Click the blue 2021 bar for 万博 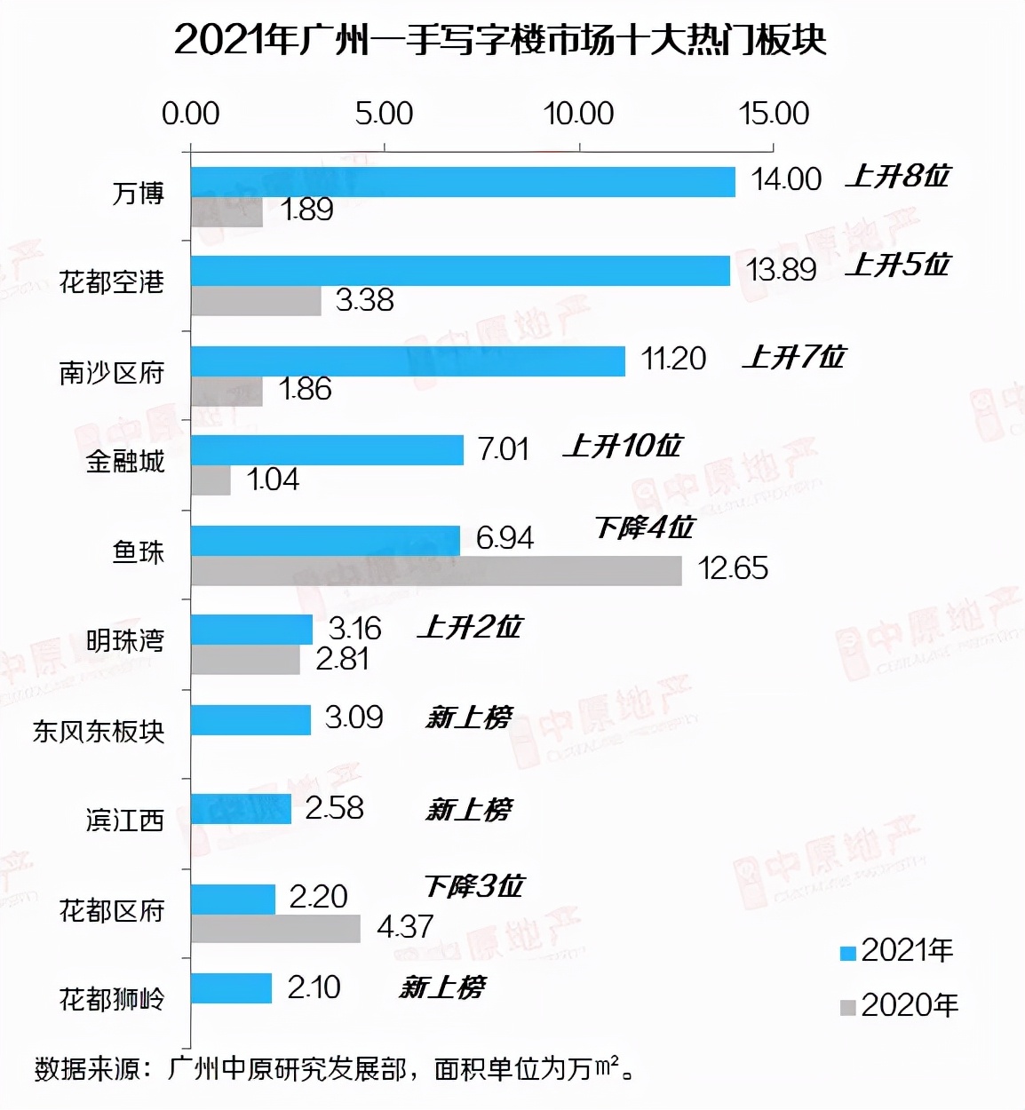click(x=462, y=181)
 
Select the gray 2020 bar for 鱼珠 click(x=435, y=570)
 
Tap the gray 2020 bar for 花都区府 click(x=275, y=928)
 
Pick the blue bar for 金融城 click(x=327, y=450)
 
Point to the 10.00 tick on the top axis click(x=579, y=114)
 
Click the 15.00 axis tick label click(x=774, y=114)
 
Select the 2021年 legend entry click(x=897, y=951)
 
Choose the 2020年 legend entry click(x=899, y=1005)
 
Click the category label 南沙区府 click(x=112, y=373)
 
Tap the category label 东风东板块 click(x=99, y=731)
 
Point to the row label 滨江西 click(x=124, y=820)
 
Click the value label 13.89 click(x=781, y=269)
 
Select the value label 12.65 click(x=733, y=568)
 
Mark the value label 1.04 click(x=273, y=480)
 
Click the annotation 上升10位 click(x=622, y=446)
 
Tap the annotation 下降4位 click(x=644, y=528)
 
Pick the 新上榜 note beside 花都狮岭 click(x=441, y=987)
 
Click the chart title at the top click(x=500, y=40)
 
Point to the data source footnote click(x=335, y=1068)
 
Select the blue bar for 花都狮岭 click(x=231, y=988)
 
